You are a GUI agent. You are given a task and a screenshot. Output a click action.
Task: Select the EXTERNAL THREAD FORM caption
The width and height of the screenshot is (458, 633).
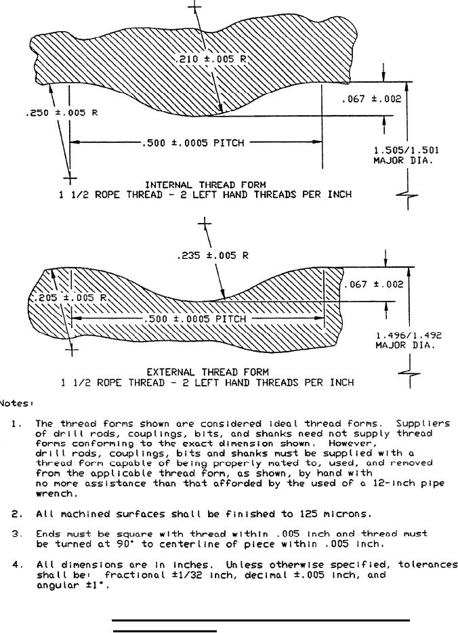[x=207, y=371]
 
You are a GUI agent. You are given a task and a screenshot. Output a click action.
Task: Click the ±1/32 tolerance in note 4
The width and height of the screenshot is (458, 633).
[x=187, y=575]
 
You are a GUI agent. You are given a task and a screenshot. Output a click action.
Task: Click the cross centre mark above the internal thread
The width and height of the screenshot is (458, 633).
[x=195, y=7]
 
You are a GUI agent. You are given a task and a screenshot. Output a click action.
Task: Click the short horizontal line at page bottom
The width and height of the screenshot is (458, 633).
[x=164, y=630]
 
